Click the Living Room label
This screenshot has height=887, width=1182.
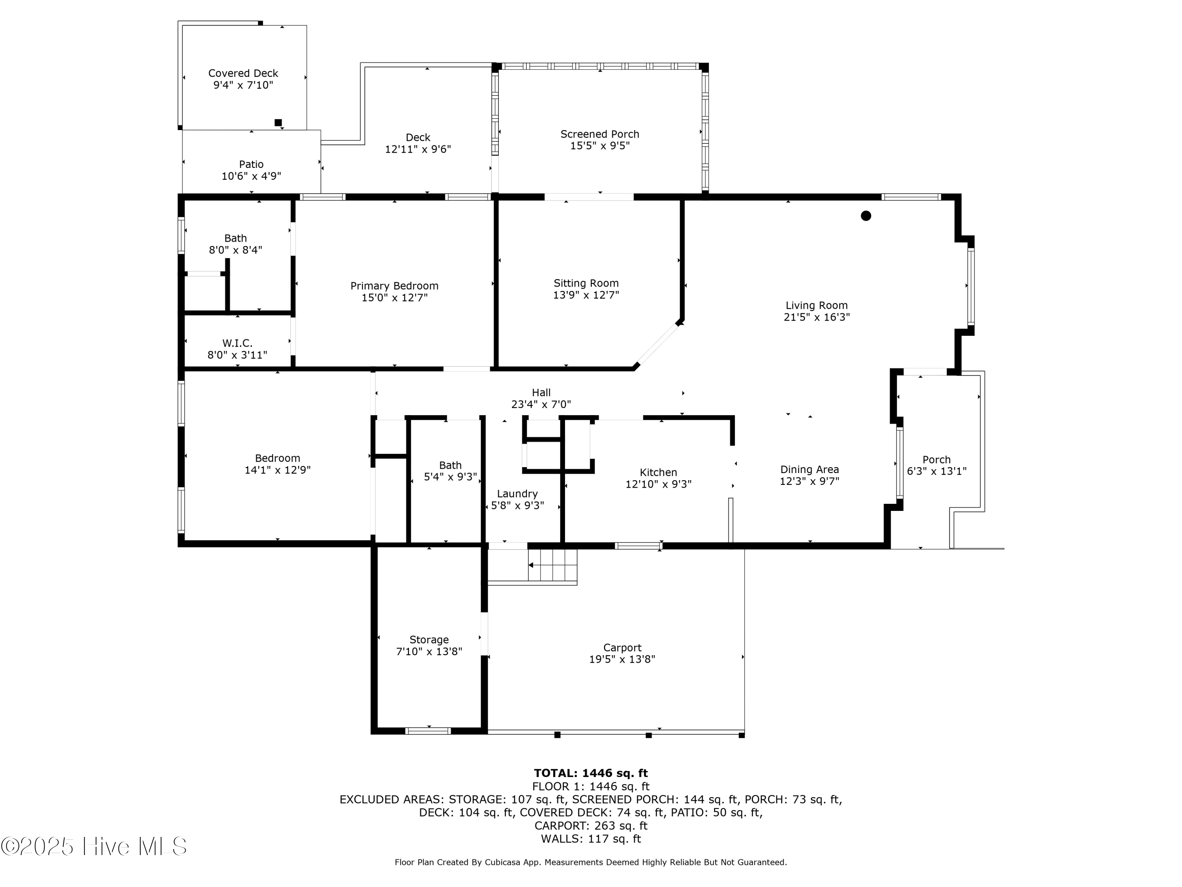(816, 305)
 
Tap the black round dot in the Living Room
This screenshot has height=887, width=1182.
(866, 216)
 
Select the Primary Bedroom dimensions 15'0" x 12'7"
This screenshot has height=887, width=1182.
(394, 298)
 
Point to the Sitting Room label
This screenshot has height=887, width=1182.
(586, 283)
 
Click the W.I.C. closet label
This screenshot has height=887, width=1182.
(237, 343)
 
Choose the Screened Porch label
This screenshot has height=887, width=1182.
(600, 134)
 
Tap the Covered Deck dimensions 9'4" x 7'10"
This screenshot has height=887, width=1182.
(243, 85)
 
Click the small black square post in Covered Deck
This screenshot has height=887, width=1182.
(278, 123)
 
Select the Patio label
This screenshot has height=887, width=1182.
(251, 164)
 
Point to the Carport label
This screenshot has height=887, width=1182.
(622, 647)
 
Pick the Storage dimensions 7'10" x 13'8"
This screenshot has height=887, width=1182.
(429, 651)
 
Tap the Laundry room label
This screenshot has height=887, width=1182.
(517, 494)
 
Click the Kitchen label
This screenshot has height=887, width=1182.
(658, 472)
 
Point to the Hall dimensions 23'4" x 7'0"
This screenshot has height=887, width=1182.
(541, 404)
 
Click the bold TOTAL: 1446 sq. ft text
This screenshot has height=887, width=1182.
(591, 773)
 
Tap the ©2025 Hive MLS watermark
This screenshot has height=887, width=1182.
(94, 846)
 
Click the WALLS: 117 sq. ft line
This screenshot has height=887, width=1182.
(591, 839)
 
